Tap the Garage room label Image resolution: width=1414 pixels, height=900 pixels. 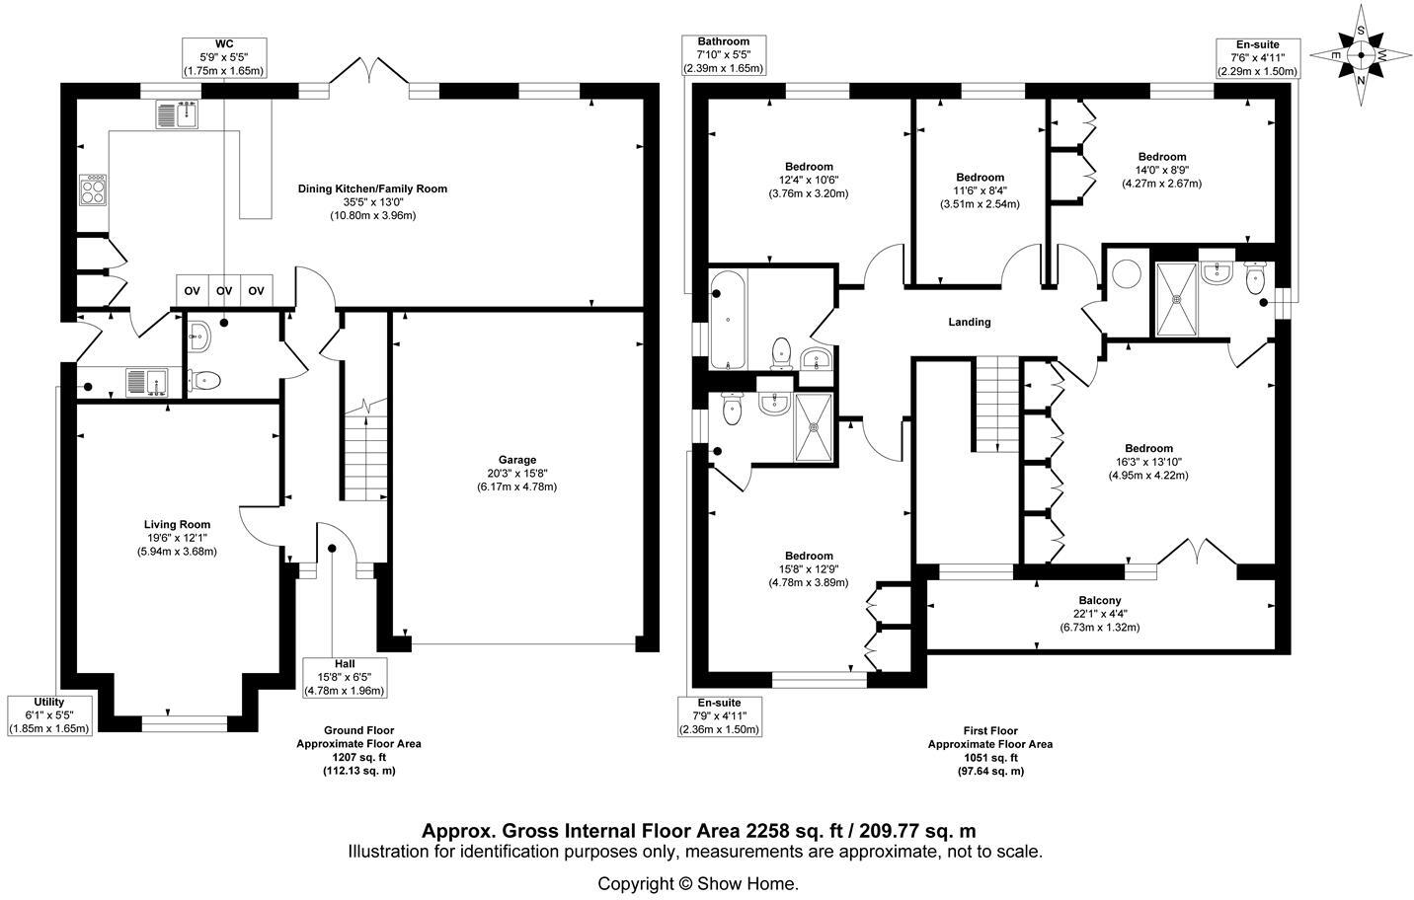pos(517,461)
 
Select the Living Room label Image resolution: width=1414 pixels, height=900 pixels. pos(177,525)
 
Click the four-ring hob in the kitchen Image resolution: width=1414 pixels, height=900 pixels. pos(93,189)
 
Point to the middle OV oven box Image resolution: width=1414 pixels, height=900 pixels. pos(224,291)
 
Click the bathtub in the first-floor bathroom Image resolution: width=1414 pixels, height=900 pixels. pos(728,319)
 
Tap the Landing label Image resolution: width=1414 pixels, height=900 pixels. pos(970,323)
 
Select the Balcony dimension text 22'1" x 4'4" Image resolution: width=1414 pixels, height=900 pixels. pos(1100,614)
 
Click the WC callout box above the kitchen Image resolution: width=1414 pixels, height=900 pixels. pos(224,57)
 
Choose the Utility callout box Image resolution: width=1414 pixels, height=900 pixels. pos(49,715)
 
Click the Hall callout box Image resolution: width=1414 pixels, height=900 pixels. pos(345,677)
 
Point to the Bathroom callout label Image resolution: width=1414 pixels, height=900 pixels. pos(724,41)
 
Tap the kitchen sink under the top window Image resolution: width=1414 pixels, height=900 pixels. pos(178,114)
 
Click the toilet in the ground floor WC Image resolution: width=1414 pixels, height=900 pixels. pos(204,380)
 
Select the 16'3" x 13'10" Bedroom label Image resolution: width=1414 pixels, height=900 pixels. pos(1148,462)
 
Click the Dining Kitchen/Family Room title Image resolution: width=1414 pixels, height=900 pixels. pos(372,188)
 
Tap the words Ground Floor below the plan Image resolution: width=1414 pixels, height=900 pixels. pos(359,730)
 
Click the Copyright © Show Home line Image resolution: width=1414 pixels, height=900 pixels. pos(698,884)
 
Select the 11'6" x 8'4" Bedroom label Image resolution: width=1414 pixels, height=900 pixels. pos(980,190)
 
